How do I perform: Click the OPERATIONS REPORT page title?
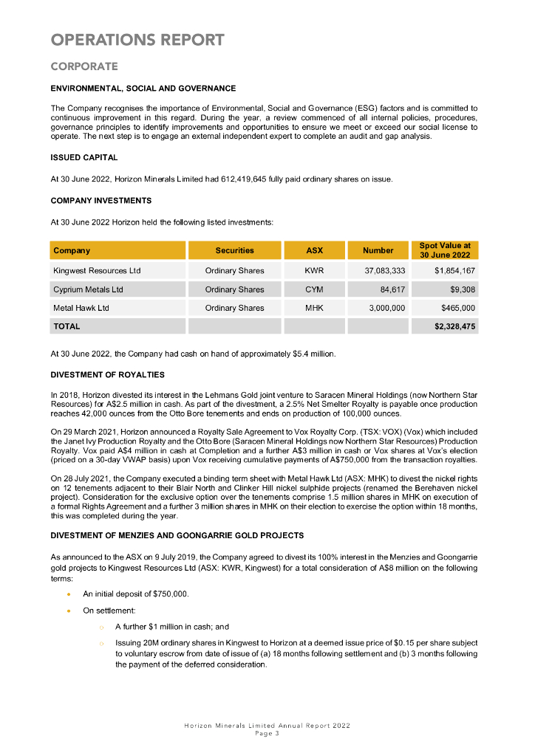click(137, 39)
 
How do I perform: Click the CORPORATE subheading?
click(84, 66)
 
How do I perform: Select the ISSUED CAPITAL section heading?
click(84, 157)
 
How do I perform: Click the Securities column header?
click(234, 251)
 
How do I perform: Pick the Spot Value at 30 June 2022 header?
click(445, 250)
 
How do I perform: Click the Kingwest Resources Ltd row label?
click(97, 271)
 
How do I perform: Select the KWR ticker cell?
click(314, 271)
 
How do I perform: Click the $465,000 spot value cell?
click(458, 308)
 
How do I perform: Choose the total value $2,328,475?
click(454, 326)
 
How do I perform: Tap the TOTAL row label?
click(67, 326)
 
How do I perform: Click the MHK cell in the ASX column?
click(314, 308)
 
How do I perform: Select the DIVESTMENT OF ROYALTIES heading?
click(107, 375)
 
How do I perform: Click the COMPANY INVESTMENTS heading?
click(101, 200)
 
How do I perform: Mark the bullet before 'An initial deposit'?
click(69, 594)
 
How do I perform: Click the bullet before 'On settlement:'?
click(69, 611)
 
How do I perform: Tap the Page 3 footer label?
click(267, 734)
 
